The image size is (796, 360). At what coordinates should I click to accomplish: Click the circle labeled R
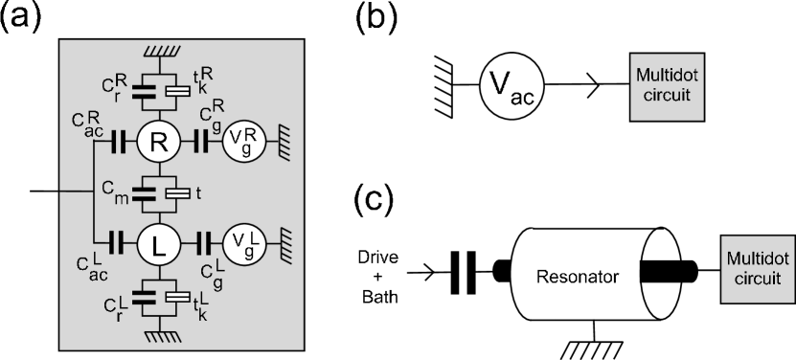coord(160,143)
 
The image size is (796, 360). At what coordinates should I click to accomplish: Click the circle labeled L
coord(160,245)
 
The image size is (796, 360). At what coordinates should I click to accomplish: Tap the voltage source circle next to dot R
coord(240,143)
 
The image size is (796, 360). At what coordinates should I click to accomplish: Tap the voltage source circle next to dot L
coord(240,245)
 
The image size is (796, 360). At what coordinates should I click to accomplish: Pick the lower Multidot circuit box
coord(758,269)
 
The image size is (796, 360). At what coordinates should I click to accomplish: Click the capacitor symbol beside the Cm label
coord(146,193)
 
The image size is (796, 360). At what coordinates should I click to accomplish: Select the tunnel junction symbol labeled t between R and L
coord(176,193)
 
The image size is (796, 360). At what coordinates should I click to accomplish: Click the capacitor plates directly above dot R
coord(146,93)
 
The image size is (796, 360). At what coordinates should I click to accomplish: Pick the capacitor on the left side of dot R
coord(119,143)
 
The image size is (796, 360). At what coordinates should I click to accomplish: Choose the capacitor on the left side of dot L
coord(119,245)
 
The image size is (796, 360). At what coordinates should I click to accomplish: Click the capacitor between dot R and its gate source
coord(201,143)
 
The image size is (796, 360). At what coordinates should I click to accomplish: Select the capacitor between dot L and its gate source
coord(201,245)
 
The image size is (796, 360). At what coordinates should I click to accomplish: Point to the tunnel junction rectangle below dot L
coord(176,298)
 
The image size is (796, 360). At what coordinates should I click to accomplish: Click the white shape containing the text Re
coord(536,276)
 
